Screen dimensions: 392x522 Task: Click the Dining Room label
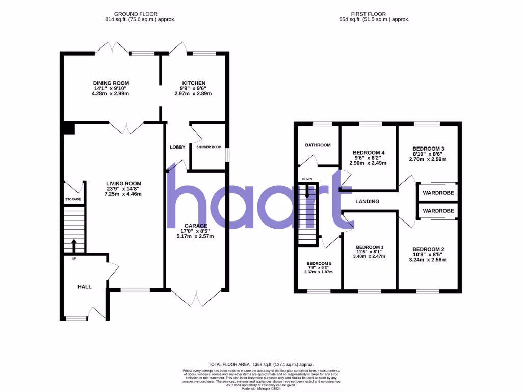[111, 83]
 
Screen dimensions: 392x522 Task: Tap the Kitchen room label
[194, 83]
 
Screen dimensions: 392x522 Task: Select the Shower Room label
[209, 147]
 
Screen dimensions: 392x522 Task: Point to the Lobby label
[177, 147]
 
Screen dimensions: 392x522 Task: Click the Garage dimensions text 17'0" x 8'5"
[196, 231]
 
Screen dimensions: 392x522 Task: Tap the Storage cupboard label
[73, 199]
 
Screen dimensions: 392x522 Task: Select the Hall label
[85, 287]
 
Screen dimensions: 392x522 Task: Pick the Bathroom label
[318, 145]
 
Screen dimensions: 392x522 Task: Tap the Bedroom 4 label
[369, 153]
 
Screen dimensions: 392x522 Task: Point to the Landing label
[368, 202]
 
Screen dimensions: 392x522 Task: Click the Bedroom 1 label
[370, 247]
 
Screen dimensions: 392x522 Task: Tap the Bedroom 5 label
[319, 264]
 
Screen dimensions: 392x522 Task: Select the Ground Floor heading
[136, 14]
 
